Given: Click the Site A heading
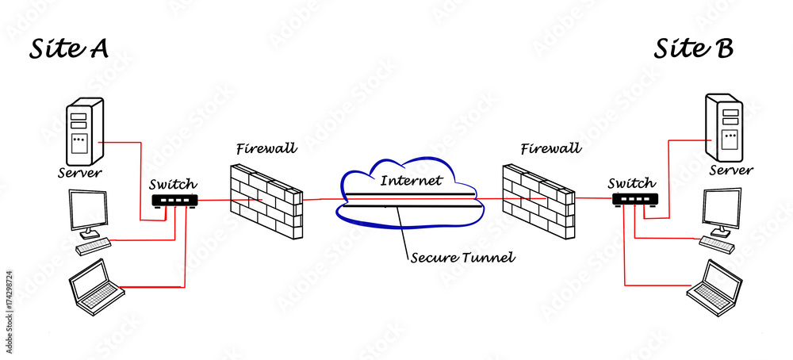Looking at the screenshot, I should point(69,49).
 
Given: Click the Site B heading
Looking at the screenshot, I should point(693,49).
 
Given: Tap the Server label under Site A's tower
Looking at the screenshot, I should point(82,172).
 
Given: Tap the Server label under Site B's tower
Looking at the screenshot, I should point(730,170).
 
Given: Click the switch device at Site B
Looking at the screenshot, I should point(634,200).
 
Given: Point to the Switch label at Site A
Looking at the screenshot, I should point(173,184).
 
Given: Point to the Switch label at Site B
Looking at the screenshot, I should point(632,183).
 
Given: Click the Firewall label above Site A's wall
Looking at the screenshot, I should point(266,148).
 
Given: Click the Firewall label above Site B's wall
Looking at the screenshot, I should point(550,148).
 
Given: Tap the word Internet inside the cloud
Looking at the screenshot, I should point(410,180).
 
